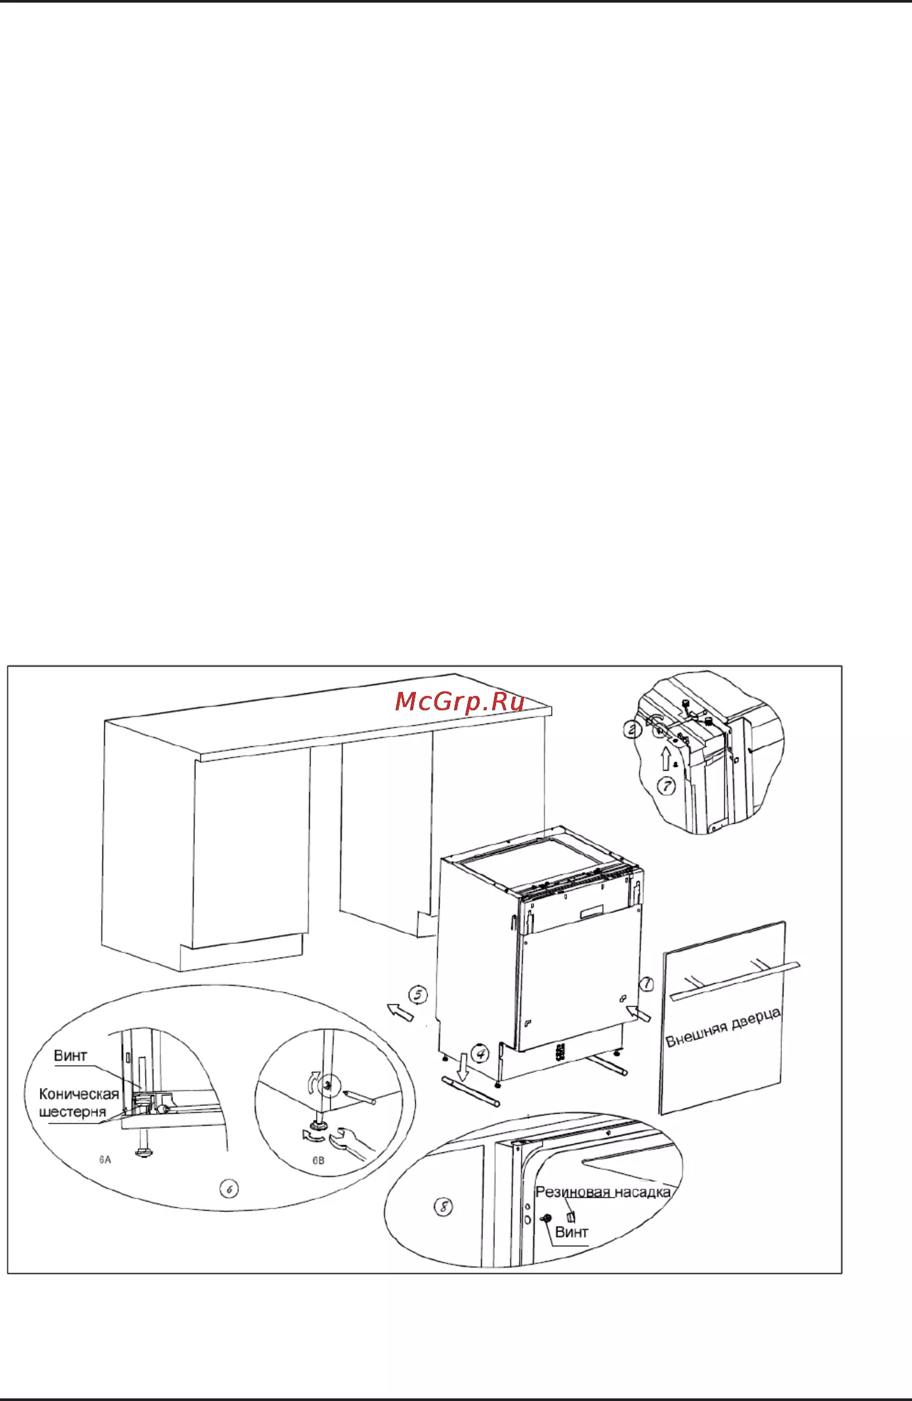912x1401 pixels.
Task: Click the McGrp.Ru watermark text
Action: tap(460, 702)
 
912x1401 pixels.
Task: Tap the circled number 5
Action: tap(418, 995)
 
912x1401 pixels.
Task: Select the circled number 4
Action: tap(482, 1054)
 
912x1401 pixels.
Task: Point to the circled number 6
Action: tap(229, 1188)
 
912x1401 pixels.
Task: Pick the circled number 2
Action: tap(632, 729)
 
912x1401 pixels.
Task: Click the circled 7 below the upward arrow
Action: tap(667, 785)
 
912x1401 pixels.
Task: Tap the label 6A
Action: tap(105, 1159)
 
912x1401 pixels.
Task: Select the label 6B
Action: tap(318, 1160)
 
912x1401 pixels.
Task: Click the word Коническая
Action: tap(79, 1093)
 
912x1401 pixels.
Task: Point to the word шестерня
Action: tap(72, 1112)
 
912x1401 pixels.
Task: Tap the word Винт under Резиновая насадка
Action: tap(571, 1232)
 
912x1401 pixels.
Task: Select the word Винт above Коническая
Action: tap(70, 1055)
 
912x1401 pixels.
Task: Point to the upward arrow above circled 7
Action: tap(667, 759)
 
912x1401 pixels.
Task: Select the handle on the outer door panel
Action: tap(735, 981)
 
